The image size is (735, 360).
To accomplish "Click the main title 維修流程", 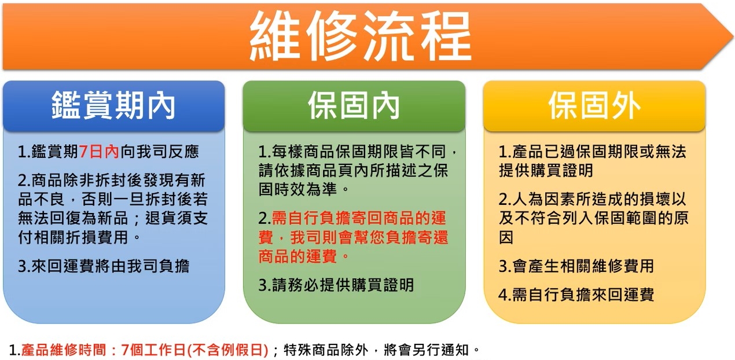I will point(360,36).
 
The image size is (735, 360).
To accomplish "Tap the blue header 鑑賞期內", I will point(113,106).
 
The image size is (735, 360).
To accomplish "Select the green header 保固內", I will point(354,106).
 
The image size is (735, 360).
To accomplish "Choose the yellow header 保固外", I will point(594,106).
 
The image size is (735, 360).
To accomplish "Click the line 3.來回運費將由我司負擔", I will point(104,266).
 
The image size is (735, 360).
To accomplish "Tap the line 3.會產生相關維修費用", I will point(576,266).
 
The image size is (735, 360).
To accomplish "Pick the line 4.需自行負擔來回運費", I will point(576,295).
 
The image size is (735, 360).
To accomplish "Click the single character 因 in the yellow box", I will point(506,237).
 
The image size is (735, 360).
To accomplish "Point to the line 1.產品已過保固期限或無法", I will point(592,152).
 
